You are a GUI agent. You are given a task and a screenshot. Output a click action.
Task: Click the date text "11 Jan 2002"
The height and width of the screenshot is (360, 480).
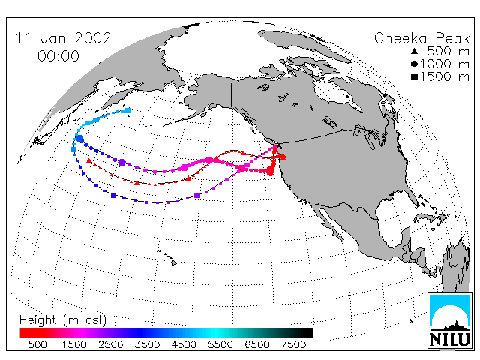point(63,38)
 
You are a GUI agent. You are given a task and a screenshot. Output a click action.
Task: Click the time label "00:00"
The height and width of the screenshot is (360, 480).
point(58,56)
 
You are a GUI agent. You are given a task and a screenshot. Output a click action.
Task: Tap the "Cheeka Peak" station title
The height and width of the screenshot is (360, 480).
point(421,38)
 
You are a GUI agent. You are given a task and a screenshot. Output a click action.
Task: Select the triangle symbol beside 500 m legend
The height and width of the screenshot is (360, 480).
point(415,52)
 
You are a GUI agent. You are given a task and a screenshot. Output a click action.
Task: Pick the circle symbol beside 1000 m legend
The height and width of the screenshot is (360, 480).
point(415,64)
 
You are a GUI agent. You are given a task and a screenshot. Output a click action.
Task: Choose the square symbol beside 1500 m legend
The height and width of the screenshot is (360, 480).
point(415,76)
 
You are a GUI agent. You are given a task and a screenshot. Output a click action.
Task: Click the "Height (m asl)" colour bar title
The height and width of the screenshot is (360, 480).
point(63,320)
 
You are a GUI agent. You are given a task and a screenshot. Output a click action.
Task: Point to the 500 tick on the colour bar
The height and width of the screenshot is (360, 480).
point(37,344)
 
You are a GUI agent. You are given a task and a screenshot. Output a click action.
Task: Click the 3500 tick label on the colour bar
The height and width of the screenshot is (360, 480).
point(147,344)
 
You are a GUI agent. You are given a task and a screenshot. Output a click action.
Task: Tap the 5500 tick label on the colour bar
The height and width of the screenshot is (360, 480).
point(220,344)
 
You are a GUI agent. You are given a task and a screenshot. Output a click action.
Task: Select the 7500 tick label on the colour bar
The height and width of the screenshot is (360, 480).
point(293,344)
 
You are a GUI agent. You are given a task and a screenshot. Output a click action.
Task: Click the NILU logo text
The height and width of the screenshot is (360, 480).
point(450,339)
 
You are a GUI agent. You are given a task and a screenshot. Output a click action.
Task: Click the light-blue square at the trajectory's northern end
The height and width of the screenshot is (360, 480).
point(128,110)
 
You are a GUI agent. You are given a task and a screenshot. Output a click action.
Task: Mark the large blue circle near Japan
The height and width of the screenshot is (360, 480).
point(79,139)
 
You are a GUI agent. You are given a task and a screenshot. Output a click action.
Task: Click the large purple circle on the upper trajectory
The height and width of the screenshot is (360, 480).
point(122,163)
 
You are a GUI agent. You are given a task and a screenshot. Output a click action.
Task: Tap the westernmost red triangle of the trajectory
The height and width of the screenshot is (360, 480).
point(88,160)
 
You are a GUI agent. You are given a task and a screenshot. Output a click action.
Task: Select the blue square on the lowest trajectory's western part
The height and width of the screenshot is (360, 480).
point(113,195)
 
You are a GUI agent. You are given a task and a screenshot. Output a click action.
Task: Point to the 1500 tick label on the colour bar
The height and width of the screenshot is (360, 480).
point(74,344)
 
